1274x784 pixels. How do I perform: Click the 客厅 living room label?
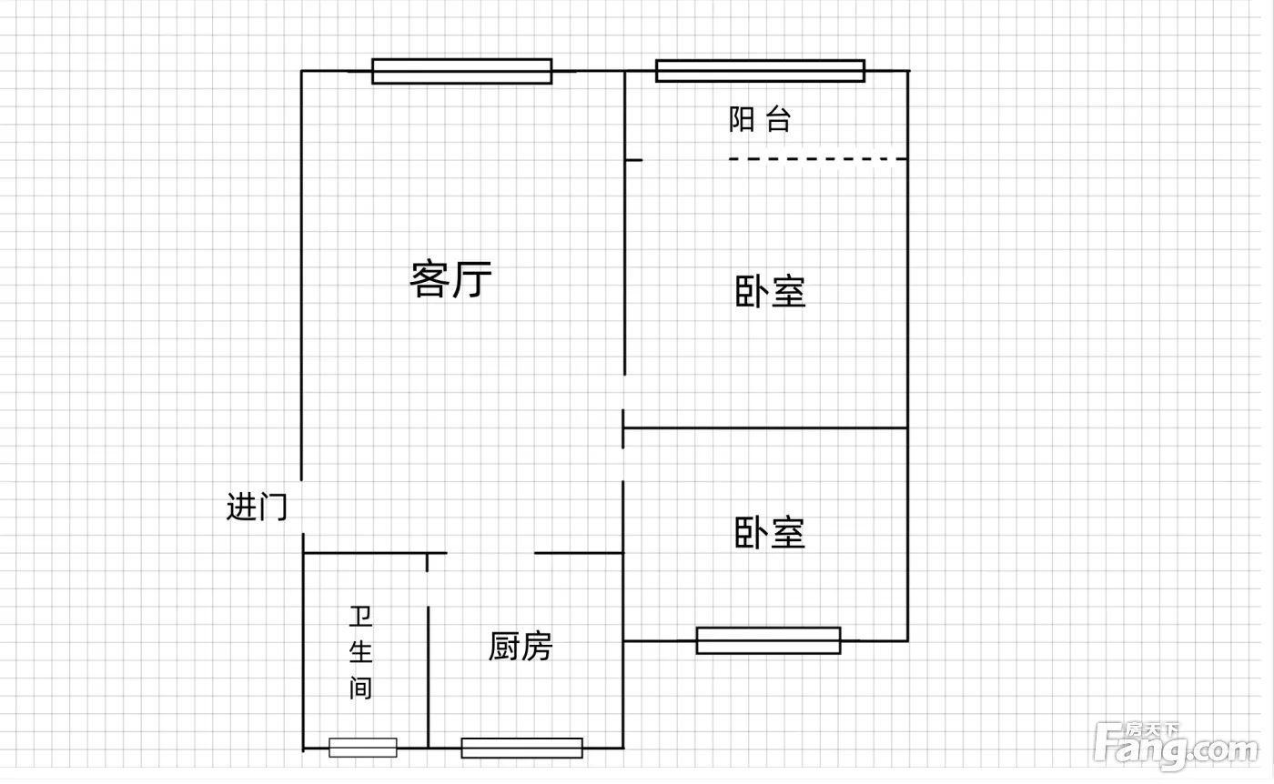tap(451, 279)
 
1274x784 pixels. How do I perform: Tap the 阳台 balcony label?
tap(760, 119)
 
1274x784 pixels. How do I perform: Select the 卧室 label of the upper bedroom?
tap(771, 293)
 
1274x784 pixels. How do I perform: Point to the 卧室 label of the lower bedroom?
tap(771, 533)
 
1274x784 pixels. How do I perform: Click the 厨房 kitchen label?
tap(521, 647)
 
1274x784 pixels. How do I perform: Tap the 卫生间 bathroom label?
tap(361, 652)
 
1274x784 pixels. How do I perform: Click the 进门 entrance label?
tap(257, 506)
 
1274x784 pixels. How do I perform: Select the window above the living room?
tap(461, 71)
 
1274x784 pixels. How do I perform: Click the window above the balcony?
tap(760, 71)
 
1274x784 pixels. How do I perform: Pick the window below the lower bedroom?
tap(768, 640)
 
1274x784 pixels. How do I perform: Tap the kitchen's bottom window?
tap(521, 748)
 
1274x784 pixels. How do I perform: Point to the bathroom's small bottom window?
tap(363, 748)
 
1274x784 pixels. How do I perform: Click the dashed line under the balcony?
tap(817, 159)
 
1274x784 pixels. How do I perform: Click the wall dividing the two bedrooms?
tap(764, 427)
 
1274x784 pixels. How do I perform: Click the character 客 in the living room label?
tap(428, 279)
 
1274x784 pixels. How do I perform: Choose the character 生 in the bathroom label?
tap(361, 652)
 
